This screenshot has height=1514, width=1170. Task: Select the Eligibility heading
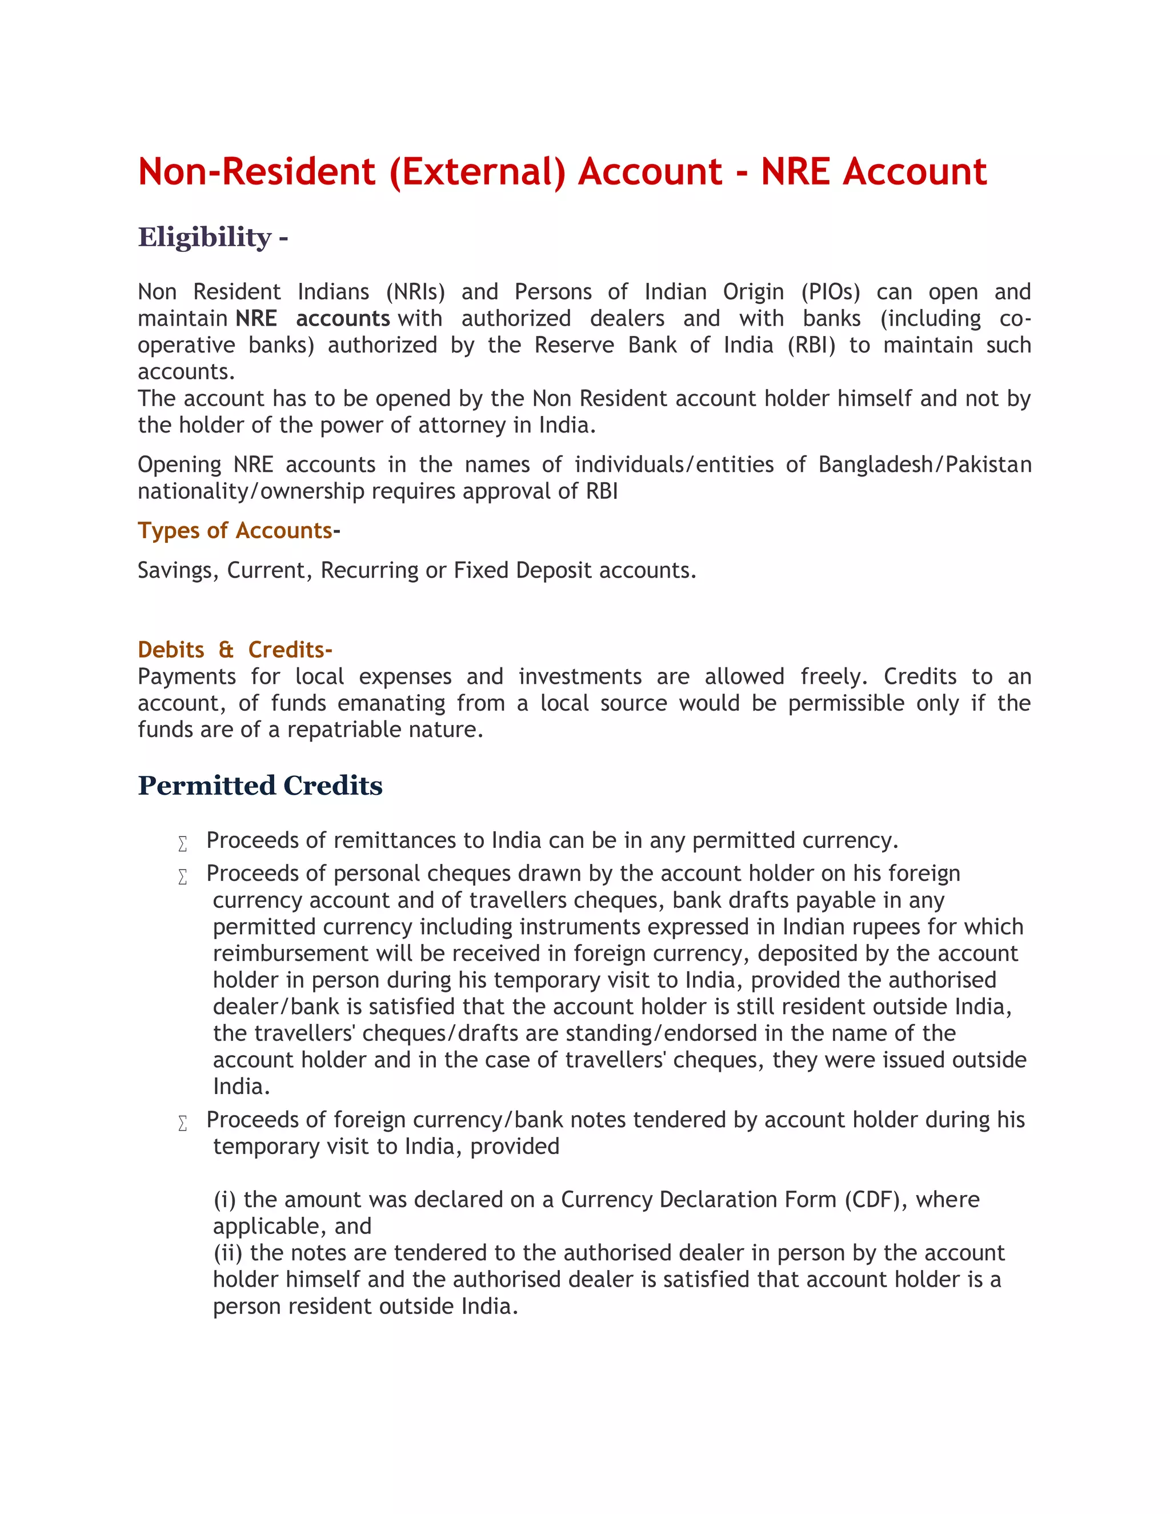(x=205, y=237)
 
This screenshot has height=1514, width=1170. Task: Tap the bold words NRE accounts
(x=312, y=318)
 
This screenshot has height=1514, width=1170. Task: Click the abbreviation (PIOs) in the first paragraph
(x=830, y=292)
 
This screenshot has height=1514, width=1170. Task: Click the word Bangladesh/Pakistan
(x=925, y=464)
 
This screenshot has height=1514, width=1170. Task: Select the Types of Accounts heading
(x=235, y=530)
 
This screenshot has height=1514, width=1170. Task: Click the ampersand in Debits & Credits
(x=226, y=650)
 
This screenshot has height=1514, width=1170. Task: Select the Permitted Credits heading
(x=260, y=786)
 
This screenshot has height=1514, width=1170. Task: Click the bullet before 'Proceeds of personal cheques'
(x=183, y=877)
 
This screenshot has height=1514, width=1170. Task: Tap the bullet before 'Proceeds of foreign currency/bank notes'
(x=183, y=1124)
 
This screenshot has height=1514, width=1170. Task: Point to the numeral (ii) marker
(x=228, y=1253)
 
